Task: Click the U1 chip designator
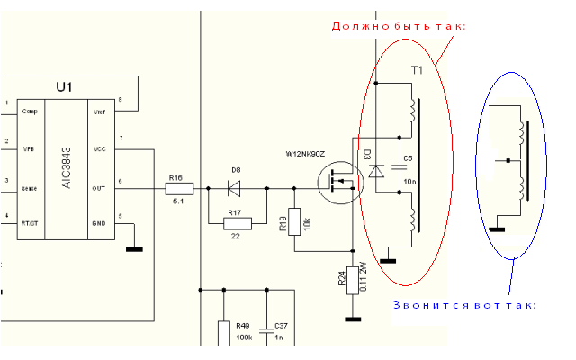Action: point(64,87)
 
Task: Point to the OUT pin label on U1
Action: point(99,188)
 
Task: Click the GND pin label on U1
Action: point(99,223)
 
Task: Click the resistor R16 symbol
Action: point(176,189)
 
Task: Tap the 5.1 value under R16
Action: point(177,202)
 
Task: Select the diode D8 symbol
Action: point(236,189)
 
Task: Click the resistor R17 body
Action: point(236,221)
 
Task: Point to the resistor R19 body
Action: point(294,221)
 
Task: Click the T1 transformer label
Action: point(417,69)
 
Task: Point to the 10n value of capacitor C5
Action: point(408,181)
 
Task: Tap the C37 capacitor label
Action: point(281,326)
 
